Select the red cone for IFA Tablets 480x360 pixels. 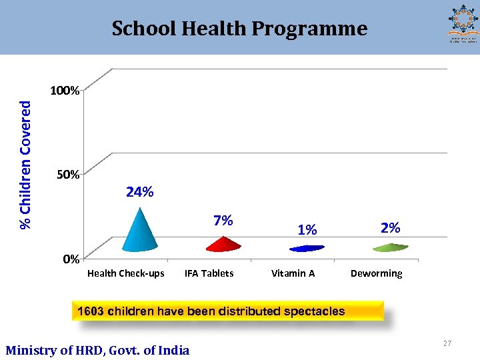pos(223,245)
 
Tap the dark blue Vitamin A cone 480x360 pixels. pos(306,248)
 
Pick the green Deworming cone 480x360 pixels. pos(390,247)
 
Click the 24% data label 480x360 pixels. pos(140,193)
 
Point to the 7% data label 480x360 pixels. pos(223,221)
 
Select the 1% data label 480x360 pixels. pos(307,230)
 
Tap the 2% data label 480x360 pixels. pos(390,228)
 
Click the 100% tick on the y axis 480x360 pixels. pos(66,91)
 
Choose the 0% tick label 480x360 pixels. pos(71,259)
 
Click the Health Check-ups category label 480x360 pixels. pos(126,273)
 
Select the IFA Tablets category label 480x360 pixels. pos(209,273)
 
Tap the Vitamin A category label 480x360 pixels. pos(293,273)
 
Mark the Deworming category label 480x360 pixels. pos(377,273)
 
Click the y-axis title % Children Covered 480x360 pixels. pos(25,165)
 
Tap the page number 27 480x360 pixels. pos(447,343)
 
